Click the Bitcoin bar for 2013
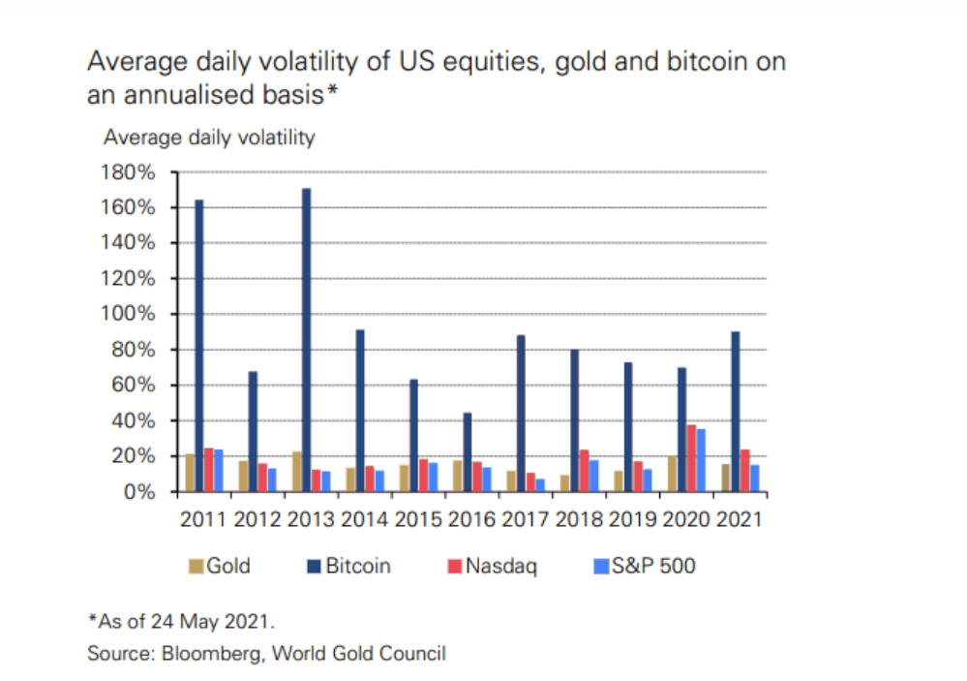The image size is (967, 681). pos(306,339)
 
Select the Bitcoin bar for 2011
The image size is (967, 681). pos(199,345)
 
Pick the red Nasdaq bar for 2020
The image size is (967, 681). pos(691,458)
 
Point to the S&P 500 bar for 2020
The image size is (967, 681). pos(701,460)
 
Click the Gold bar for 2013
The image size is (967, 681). pos(296,472)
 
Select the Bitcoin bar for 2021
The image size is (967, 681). pos(736,412)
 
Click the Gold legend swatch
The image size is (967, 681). pos(195,566)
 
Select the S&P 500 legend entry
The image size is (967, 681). pos(650,566)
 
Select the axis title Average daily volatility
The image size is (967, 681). pos(209,138)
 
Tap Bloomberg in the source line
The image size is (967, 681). pos(204,654)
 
